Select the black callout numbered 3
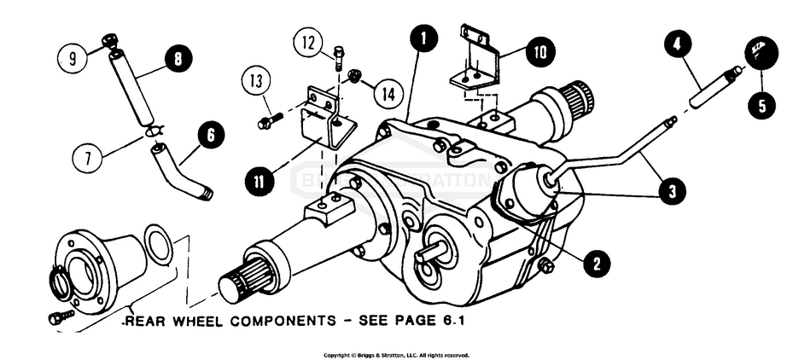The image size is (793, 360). point(672,192)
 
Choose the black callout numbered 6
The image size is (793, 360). point(212,134)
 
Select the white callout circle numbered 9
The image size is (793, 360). point(73,58)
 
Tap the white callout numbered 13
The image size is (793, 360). point(253,83)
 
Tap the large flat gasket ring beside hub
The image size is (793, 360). point(157,246)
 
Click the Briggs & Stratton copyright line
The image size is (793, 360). point(396,355)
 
